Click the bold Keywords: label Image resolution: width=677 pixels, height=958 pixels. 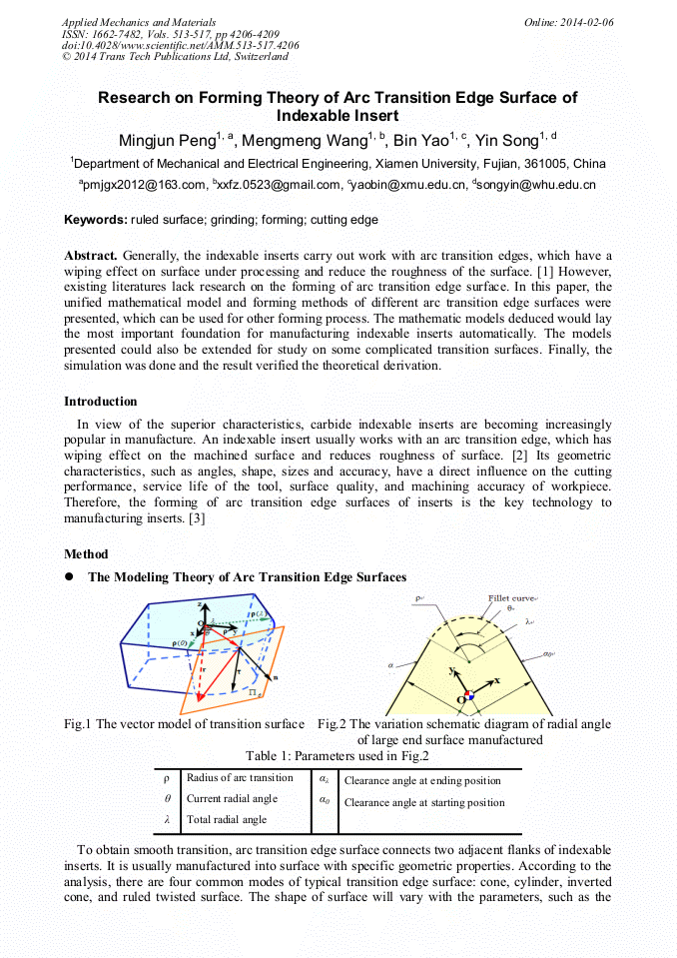coord(98,220)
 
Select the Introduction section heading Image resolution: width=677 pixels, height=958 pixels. coord(101,402)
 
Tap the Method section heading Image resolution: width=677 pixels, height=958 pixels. coord(86,554)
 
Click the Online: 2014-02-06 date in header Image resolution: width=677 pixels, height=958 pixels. coord(569,22)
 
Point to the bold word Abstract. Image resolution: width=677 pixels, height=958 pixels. coord(91,256)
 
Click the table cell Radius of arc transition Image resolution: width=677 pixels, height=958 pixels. coord(240,778)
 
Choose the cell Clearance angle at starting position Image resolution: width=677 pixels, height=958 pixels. coord(424,803)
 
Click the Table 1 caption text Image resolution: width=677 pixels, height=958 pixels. coord(338,756)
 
